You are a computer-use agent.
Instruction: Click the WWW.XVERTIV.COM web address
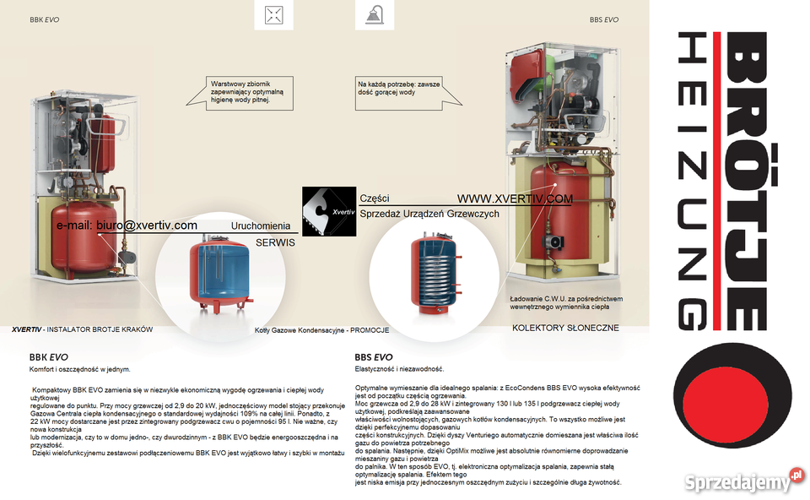tap(515, 199)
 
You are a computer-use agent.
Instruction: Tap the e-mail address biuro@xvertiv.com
tap(127, 226)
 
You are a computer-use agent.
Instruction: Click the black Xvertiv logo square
tap(329, 212)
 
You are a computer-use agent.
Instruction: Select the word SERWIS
tap(275, 242)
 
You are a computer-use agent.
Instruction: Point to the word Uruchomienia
tap(261, 226)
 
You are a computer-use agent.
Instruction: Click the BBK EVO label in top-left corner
tap(44, 19)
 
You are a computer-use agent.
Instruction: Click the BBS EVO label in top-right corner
tap(604, 19)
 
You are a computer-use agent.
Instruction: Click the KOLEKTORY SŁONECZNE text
tap(565, 328)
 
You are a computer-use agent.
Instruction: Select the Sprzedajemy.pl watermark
tap(737, 481)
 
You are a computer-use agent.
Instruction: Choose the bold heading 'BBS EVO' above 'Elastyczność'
tap(374, 357)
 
